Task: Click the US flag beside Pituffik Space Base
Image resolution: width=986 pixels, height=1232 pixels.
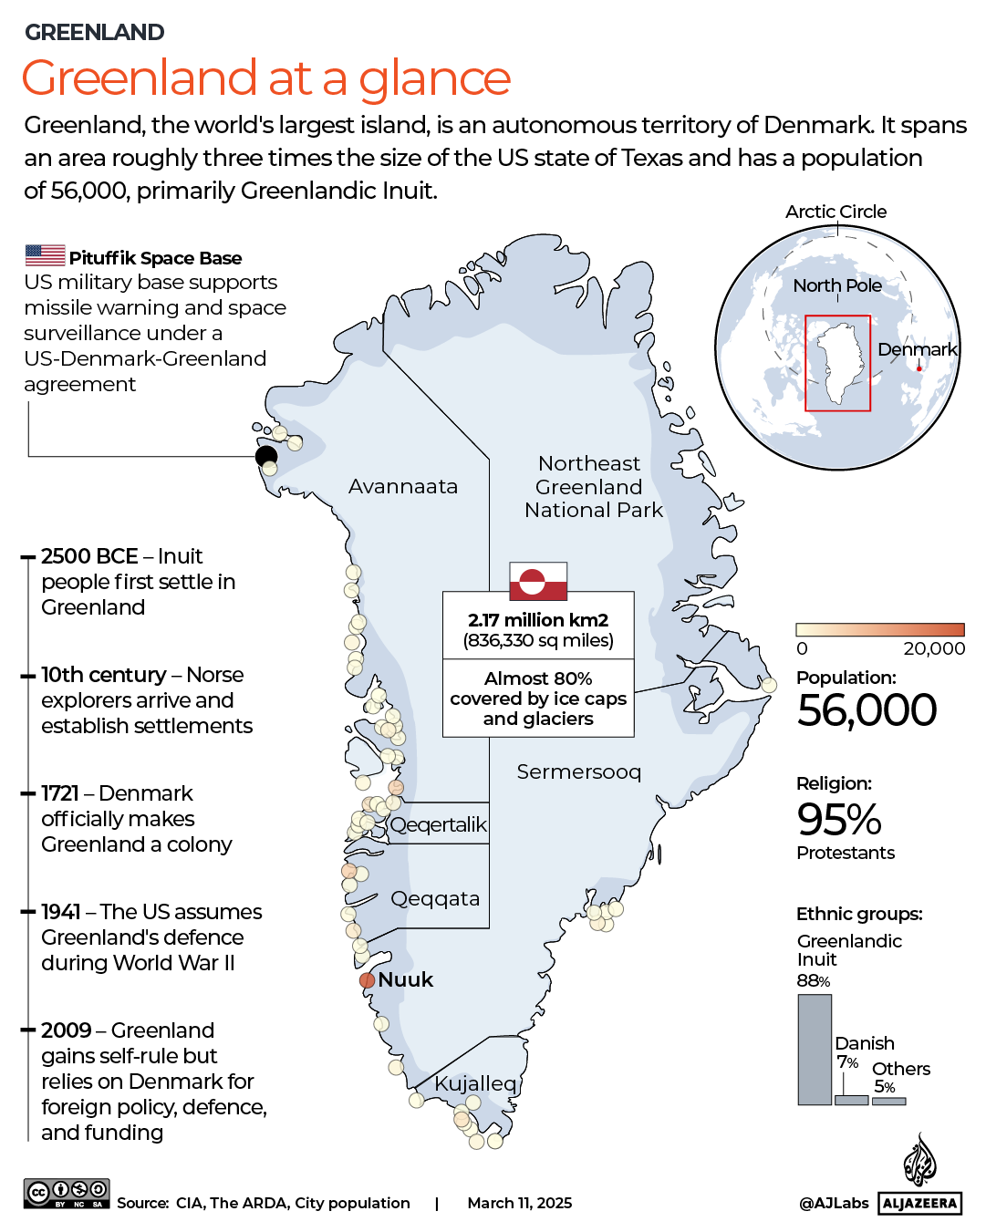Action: point(45,255)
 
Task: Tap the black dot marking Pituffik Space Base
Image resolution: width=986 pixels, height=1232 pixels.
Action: point(266,456)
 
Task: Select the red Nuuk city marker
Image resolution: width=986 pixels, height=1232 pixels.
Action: point(367,980)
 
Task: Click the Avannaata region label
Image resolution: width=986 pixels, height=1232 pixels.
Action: point(403,487)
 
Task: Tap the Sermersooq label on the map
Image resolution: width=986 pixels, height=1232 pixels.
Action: point(579,772)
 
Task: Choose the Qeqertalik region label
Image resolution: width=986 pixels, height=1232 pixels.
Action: point(439,824)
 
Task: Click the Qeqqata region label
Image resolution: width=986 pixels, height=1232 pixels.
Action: point(435,899)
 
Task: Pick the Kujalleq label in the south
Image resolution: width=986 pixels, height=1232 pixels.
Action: point(475,1083)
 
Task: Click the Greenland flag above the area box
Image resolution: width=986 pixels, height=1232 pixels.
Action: point(538,581)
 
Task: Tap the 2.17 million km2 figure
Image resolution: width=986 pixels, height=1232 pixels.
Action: point(538,620)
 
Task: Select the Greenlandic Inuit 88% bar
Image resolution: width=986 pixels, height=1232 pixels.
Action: point(815,1050)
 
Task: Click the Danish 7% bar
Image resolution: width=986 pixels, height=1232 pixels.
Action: point(851,1101)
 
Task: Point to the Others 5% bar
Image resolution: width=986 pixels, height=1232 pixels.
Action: point(888,1102)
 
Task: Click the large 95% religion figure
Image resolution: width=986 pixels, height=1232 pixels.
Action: point(839,819)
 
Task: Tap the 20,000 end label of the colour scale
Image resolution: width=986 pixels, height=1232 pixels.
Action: point(934,648)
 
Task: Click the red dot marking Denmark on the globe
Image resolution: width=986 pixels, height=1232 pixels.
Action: point(919,368)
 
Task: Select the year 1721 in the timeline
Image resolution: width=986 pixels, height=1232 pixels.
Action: point(60,793)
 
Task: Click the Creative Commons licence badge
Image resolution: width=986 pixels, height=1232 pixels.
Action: point(67,1193)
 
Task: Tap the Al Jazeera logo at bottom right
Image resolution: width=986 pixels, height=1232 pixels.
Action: point(920,1176)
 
